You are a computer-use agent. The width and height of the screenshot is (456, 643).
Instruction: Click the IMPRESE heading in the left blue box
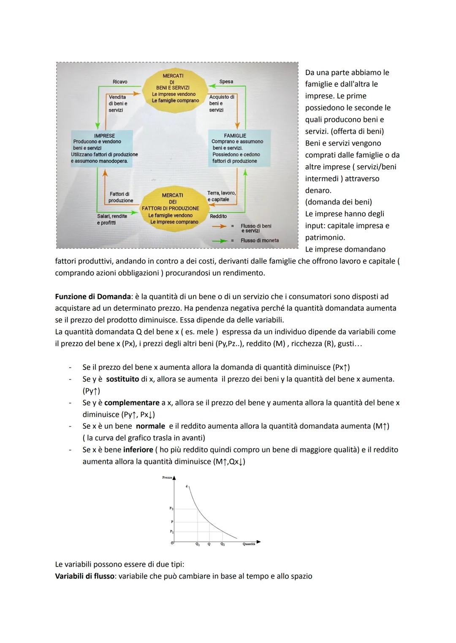[104, 136]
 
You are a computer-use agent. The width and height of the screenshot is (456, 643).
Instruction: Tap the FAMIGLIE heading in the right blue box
[235, 136]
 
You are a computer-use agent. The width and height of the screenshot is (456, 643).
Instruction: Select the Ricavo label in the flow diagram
[120, 81]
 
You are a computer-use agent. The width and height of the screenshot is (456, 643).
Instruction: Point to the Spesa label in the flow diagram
[226, 81]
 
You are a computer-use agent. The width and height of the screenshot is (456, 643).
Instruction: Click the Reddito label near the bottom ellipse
[218, 216]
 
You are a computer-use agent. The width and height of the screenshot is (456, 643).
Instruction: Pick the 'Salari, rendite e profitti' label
[112, 219]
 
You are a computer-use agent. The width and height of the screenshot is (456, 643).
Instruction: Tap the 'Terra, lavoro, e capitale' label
[222, 196]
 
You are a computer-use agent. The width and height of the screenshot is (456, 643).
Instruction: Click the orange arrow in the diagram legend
[220, 226]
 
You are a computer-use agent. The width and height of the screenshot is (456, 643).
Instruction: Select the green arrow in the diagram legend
[220, 241]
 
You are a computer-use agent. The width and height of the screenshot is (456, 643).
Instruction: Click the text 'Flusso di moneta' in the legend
[260, 241]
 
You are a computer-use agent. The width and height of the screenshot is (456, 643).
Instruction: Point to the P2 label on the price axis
[172, 509]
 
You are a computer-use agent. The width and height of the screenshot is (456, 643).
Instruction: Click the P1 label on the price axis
[172, 532]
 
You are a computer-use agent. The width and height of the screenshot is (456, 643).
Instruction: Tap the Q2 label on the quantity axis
[223, 544]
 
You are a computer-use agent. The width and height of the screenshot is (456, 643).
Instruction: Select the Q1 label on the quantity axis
[197, 544]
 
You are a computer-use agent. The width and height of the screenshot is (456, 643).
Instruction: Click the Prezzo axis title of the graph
[167, 477]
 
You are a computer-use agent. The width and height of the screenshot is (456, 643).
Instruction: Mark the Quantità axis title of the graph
[249, 544]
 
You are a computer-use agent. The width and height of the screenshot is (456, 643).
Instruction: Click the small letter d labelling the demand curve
[186, 486]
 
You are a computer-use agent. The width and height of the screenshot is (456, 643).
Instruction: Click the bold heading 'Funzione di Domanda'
[93, 296]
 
